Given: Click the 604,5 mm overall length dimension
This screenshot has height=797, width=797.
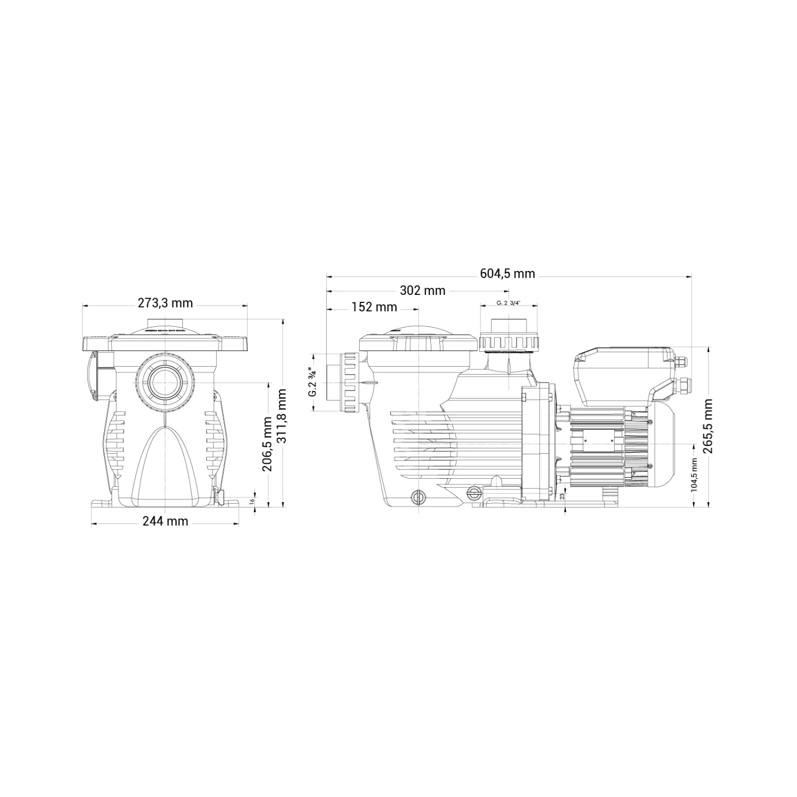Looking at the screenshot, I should pyautogui.click(x=507, y=274).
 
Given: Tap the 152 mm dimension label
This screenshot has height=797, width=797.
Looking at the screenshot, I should pyautogui.click(x=374, y=307).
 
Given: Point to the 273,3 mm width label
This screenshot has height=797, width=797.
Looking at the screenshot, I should pyautogui.click(x=165, y=303).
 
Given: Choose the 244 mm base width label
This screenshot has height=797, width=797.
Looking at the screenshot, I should pyautogui.click(x=165, y=521).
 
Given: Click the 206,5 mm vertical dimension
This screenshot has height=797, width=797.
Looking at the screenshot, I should pyautogui.click(x=267, y=444).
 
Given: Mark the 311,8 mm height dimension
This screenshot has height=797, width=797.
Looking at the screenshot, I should pyautogui.click(x=281, y=416).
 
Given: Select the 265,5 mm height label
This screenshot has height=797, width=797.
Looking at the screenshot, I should pyautogui.click(x=708, y=426).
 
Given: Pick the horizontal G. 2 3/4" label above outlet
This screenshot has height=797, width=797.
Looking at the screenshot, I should pyautogui.click(x=508, y=302).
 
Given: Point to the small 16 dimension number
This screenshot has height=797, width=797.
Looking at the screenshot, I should pyautogui.click(x=252, y=500).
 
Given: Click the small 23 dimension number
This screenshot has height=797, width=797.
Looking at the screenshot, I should pyautogui.click(x=562, y=496).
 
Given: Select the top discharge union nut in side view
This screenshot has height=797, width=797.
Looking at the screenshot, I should pyautogui.click(x=508, y=343).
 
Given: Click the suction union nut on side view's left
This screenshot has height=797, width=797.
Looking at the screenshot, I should pyautogui.click(x=350, y=381).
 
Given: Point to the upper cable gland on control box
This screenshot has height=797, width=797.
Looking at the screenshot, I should pyautogui.click(x=681, y=362).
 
